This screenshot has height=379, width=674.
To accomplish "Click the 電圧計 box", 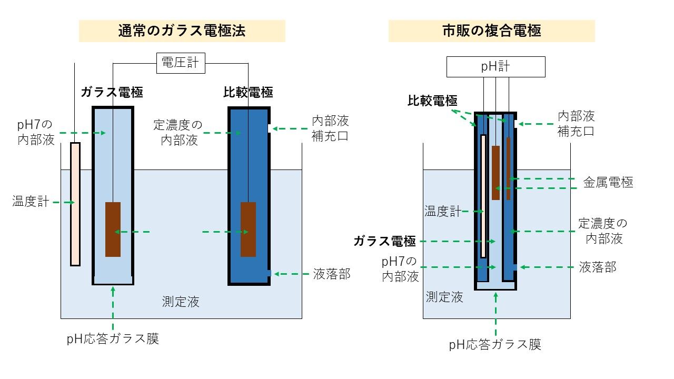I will [x=181, y=63].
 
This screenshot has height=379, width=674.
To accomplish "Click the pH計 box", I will [x=495, y=67].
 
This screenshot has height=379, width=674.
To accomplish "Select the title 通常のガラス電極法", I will [x=182, y=31].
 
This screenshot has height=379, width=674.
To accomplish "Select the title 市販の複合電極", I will [x=491, y=31].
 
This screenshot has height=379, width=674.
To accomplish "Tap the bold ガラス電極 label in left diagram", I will [x=112, y=93].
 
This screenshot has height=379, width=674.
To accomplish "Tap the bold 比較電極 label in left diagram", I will [x=248, y=93].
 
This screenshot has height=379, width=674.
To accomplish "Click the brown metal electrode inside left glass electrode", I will [x=113, y=229].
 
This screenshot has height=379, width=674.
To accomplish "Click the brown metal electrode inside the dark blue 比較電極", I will [x=248, y=229].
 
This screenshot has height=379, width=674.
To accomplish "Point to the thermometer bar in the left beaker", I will [x=75, y=204].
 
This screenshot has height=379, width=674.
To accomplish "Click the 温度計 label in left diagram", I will [x=31, y=201].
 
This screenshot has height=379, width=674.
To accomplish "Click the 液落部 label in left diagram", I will [x=332, y=274].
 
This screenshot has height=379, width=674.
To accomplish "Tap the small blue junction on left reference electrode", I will [x=269, y=273].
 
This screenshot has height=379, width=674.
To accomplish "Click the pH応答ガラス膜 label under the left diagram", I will [x=113, y=338].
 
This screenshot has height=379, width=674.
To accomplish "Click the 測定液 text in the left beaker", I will [x=181, y=302].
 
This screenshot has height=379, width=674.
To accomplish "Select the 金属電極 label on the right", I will [x=608, y=183].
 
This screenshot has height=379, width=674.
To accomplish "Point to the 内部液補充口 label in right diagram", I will [x=576, y=123].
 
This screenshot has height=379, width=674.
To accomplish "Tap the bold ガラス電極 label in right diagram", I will [x=384, y=241].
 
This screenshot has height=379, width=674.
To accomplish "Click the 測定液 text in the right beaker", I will [x=444, y=297].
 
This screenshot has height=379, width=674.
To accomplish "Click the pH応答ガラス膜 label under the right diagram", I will [x=495, y=345].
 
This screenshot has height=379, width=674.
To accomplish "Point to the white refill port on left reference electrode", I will [x=269, y=128].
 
